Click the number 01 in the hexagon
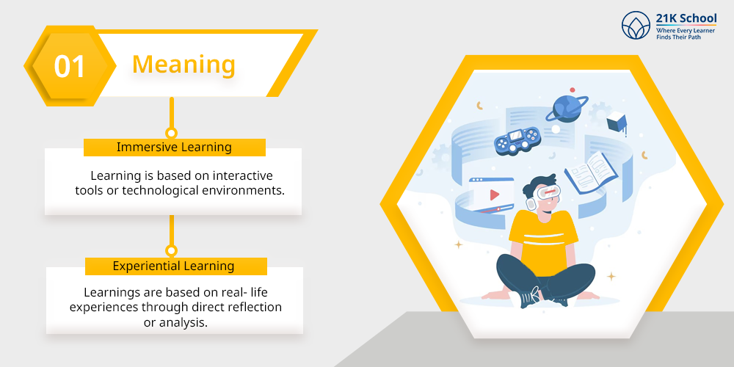coord(70,66)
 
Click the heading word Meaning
coord(183,65)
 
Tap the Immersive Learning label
coord(174,147)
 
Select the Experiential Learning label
coord(174,266)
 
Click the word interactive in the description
coord(242,176)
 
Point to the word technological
coord(160,191)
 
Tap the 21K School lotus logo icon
coord(636,25)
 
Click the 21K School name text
coord(686,19)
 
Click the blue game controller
coord(517,139)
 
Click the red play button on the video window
coord(495,195)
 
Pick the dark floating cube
coord(617,122)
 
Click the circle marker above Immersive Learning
coord(172,133)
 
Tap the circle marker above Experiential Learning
coord(172,250)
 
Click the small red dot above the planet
coord(572,90)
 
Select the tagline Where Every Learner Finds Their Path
coord(685,34)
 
